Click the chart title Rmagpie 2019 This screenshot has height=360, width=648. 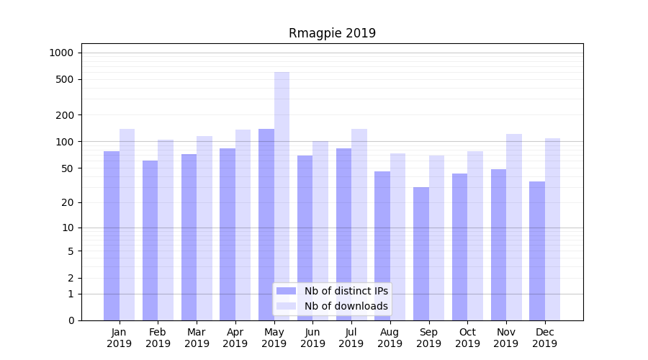pos(332,33)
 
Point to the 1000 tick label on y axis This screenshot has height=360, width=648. pos(61,53)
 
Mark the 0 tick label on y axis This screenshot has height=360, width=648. pos(71,320)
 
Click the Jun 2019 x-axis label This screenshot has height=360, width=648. pos(312,338)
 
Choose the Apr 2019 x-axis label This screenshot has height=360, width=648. pos(235,338)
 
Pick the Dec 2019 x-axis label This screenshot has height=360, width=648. pos(544,338)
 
